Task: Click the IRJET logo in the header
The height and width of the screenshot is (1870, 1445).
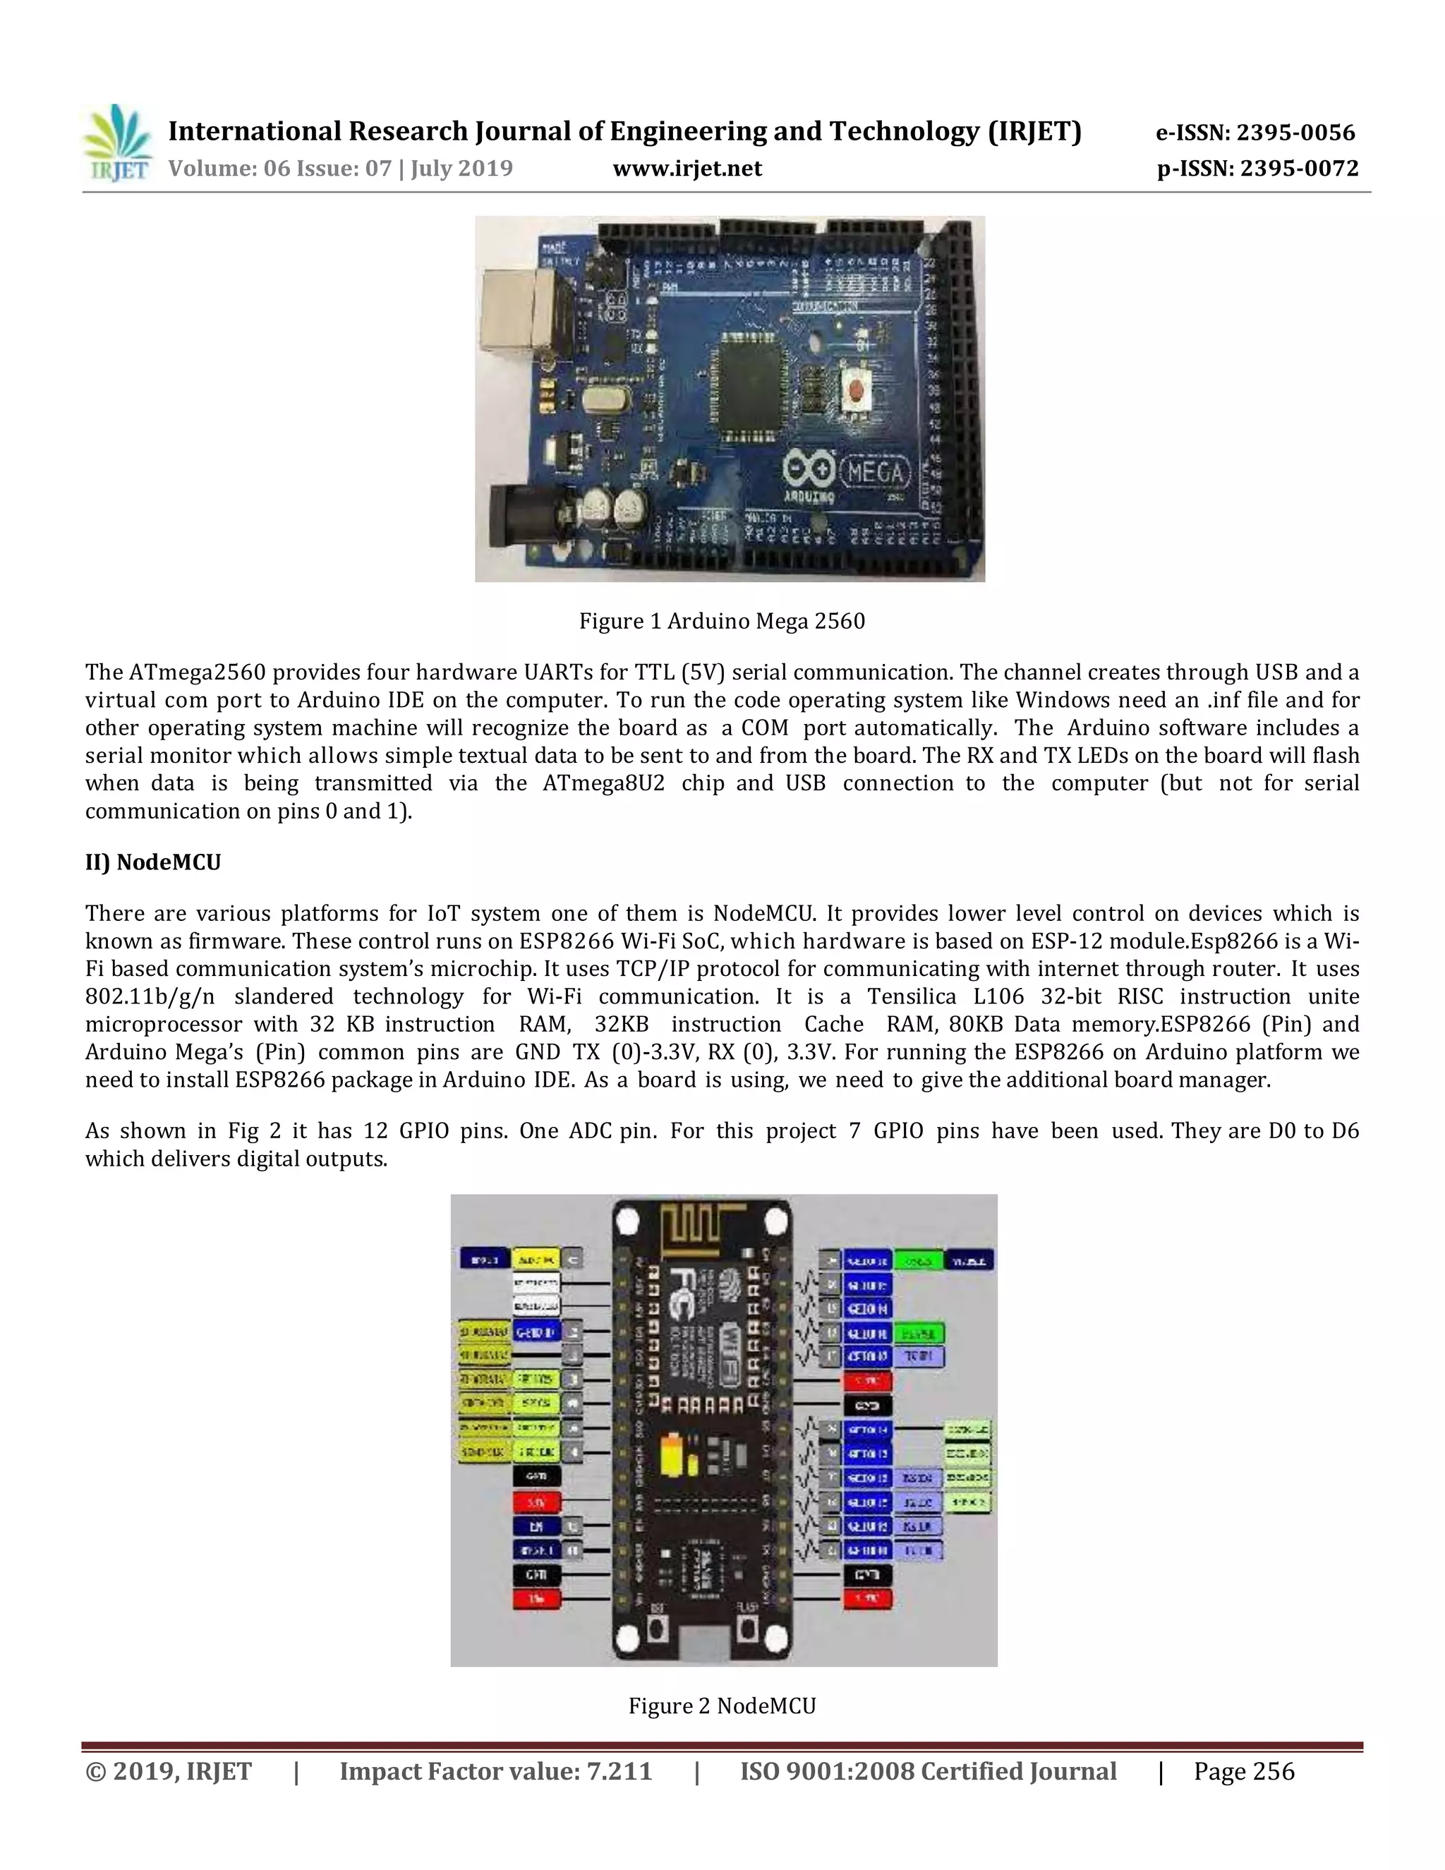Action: click(117, 143)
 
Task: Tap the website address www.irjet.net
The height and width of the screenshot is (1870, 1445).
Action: click(687, 169)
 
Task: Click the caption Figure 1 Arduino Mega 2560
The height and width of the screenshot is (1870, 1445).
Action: click(722, 621)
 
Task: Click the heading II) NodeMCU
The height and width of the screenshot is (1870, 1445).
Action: click(153, 862)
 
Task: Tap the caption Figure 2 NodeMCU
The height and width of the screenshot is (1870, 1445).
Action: click(722, 1706)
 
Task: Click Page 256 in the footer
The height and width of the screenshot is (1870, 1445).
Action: click(1244, 1771)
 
